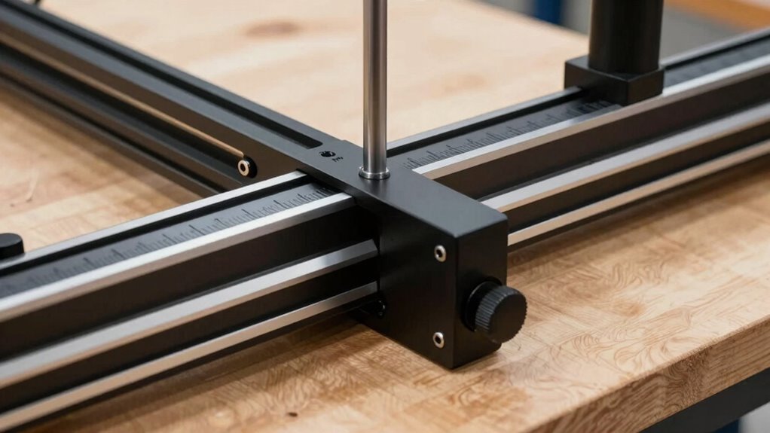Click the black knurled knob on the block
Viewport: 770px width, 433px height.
click(497, 310)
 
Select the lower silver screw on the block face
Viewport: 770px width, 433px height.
click(438, 340)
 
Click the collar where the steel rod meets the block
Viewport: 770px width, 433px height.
click(374, 173)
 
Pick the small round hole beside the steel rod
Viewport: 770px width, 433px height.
click(327, 154)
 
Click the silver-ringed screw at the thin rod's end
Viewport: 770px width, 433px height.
click(244, 167)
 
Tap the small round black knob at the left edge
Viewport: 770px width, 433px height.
click(9, 245)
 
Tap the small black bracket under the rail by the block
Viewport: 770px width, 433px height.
click(374, 307)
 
